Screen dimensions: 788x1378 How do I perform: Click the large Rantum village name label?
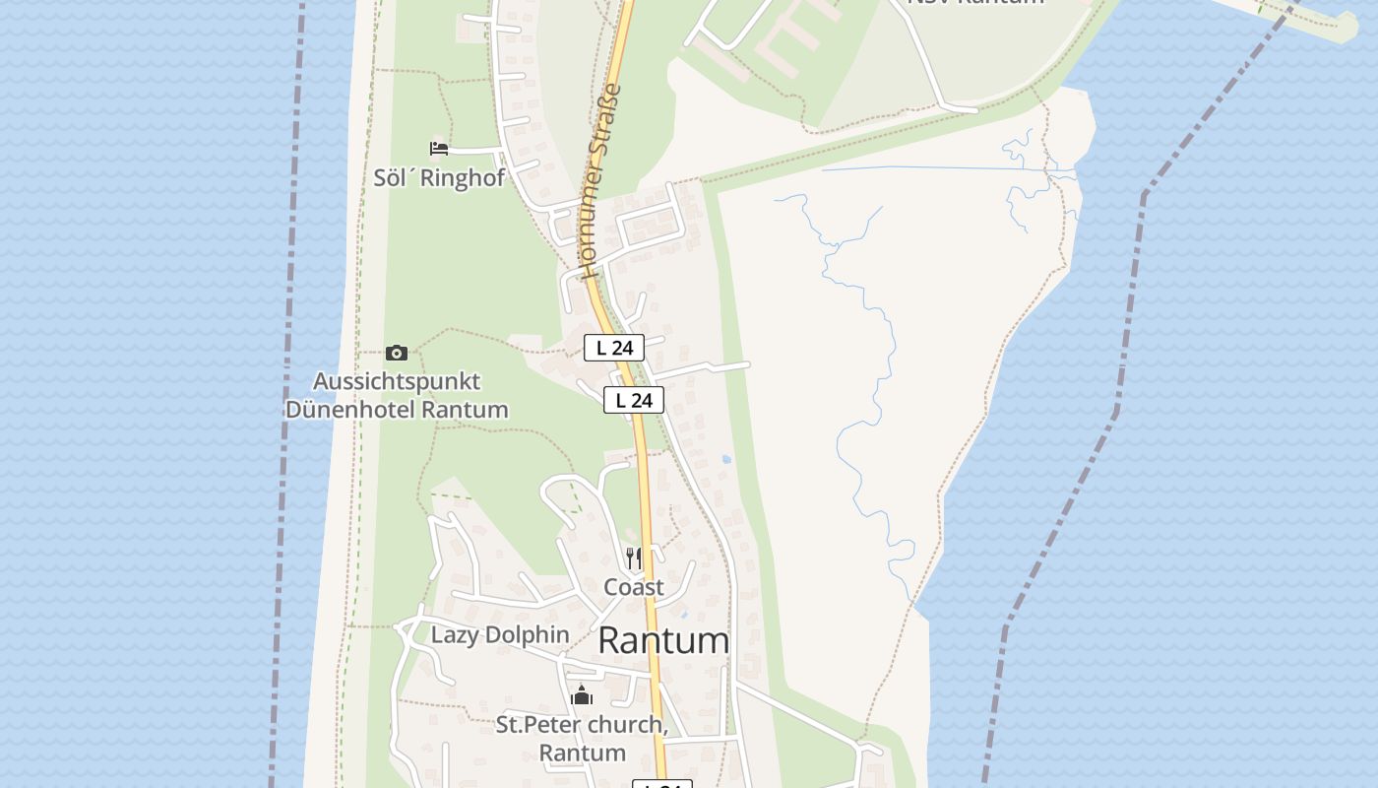click(663, 640)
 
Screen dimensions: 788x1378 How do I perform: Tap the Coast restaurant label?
click(633, 587)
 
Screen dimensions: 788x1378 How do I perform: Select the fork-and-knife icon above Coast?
click(634, 558)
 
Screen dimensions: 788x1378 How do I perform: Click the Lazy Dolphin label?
click(500, 634)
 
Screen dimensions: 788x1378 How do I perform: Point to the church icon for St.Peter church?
click(582, 696)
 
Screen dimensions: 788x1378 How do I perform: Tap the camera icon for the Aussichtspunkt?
click(397, 353)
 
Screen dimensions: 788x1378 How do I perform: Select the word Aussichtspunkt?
click(397, 381)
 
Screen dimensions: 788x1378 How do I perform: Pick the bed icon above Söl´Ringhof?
click(439, 149)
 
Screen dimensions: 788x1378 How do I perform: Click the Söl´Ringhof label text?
click(439, 178)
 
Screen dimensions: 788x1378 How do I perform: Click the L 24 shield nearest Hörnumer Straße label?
click(614, 348)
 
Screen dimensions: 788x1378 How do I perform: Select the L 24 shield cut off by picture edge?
click(661, 784)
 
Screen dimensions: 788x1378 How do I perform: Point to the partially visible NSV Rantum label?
click(974, 3)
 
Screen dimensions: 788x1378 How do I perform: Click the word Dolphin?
click(529, 634)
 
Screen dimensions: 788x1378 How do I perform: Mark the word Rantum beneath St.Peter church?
click(582, 753)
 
